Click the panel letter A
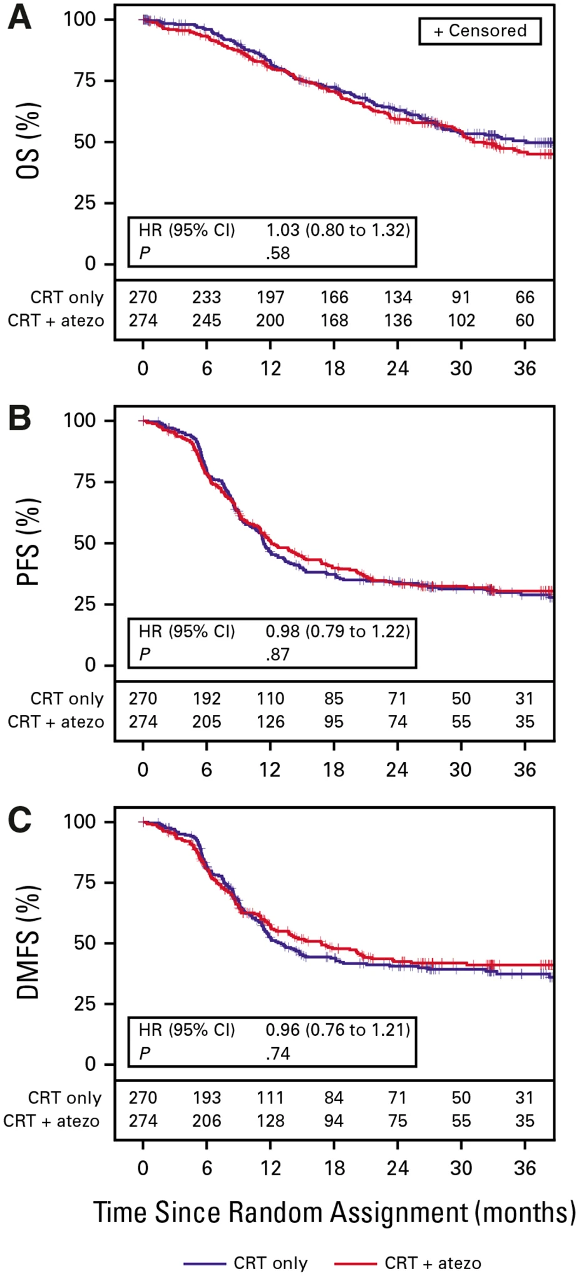pos(19,19)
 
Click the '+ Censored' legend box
pos(479,31)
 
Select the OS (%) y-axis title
pos(28,141)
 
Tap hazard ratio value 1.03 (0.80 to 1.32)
pos(338,230)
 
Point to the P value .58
pos(278,253)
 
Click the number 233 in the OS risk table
pos(207,297)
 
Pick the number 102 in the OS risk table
pos(461,320)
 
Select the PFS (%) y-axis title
pos(28,542)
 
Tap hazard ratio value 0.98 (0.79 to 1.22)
pos(338,631)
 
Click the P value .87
pos(278,654)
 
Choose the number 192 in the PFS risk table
pos(207,699)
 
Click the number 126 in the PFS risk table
pos(270,722)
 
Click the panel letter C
pos(19,820)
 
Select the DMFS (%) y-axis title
pos(28,942)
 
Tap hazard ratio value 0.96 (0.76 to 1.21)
pos(338,1030)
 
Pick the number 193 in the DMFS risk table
pos(207,1098)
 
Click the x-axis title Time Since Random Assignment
pos(334,1212)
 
